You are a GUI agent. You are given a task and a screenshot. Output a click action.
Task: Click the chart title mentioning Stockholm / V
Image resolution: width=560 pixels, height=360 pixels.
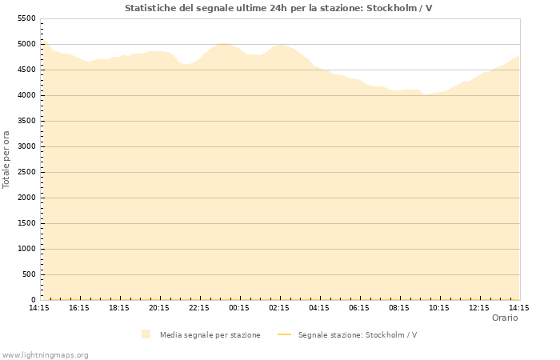click(278, 8)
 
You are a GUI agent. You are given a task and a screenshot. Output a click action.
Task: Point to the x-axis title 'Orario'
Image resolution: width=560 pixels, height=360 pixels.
click(505, 318)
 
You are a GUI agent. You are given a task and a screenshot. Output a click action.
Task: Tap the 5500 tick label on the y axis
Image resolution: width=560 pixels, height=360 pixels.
click(26, 18)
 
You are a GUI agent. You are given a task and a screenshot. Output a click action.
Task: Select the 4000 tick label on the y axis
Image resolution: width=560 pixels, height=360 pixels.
click(26, 95)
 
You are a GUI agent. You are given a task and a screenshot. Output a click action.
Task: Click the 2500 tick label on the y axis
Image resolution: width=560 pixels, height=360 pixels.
click(26, 172)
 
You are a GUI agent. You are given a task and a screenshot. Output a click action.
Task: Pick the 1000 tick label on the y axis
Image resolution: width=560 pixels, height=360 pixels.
click(26, 249)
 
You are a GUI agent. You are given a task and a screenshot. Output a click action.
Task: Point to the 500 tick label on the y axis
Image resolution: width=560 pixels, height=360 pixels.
click(29, 274)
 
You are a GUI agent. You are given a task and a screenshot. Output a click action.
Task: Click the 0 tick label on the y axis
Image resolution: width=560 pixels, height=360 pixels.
click(33, 300)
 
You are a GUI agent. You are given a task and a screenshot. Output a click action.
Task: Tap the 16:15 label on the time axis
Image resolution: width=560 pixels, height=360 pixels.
click(79, 307)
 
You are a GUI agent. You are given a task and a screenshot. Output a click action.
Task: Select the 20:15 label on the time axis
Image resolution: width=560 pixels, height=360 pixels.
click(159, 307)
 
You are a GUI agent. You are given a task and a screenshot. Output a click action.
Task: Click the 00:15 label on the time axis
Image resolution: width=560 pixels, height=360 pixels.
click(239, 307)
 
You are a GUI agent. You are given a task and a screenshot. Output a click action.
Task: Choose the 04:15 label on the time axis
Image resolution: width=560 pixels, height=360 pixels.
click(319, 307)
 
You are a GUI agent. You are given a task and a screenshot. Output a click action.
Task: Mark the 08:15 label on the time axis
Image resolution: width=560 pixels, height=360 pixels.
click(399, 307)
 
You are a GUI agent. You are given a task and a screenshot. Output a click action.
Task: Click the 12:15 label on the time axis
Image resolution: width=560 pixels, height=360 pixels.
click(479, 307)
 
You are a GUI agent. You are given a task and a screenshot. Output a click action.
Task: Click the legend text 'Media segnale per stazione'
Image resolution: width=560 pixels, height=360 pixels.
click(210, 335)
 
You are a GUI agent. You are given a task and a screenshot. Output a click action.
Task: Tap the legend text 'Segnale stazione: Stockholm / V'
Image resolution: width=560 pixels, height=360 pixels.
click(357, 335)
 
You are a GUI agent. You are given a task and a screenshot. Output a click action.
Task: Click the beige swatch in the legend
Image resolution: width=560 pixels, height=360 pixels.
click(146, 334)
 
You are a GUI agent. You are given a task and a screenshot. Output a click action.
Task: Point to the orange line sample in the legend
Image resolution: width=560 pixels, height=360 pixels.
click(284, 335)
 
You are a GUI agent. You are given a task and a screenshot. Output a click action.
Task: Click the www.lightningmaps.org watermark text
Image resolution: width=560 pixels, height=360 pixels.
click(45, 354)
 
